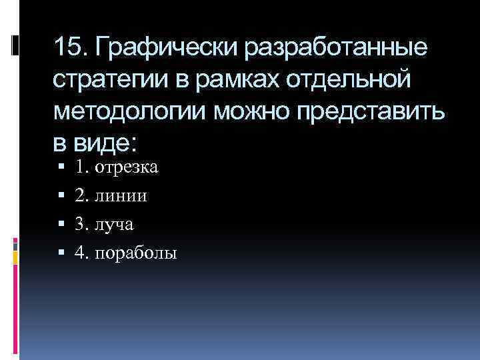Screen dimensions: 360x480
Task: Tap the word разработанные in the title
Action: point(338,48)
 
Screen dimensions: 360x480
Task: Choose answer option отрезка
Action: point(126,167)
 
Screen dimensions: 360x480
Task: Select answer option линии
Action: point(121,196)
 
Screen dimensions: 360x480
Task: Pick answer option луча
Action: point(114,225)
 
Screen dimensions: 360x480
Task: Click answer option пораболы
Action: point(136,253)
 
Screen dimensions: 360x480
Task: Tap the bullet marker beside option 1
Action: point(61,167)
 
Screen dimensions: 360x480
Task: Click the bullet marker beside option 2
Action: point(61,196)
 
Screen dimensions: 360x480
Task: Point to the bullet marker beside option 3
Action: point(61,225)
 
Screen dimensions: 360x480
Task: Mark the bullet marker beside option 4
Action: point(61,253)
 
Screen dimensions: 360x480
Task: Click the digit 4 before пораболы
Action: point(80,253)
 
